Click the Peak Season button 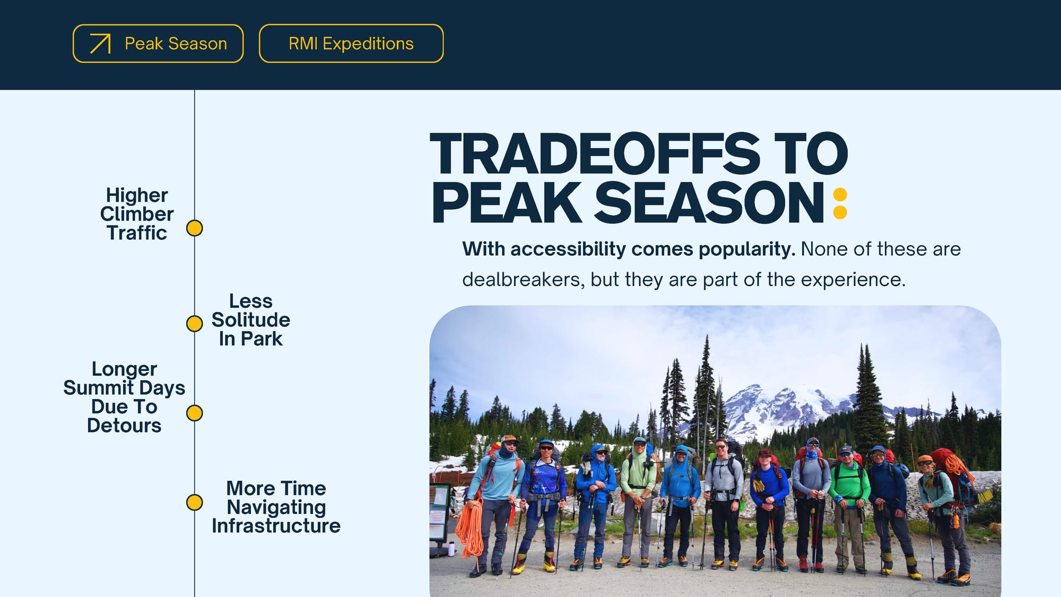coord(158,44)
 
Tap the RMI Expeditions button coord(351,44)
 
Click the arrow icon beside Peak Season coord(100,44)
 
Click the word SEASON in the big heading coord(709,203)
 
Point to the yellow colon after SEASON coord(840,204)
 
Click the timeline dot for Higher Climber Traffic coord(195,228)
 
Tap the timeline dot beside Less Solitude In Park coord(195,323)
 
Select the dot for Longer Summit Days coord(195,413)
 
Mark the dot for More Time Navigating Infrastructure coord(195,502)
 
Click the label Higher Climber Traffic coord(137,214)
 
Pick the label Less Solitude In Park coord(251,320)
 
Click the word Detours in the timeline coord(124,426)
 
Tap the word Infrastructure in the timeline coord(276,526)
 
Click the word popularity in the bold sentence coord(747,249)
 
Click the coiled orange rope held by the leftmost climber coord(470,528)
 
